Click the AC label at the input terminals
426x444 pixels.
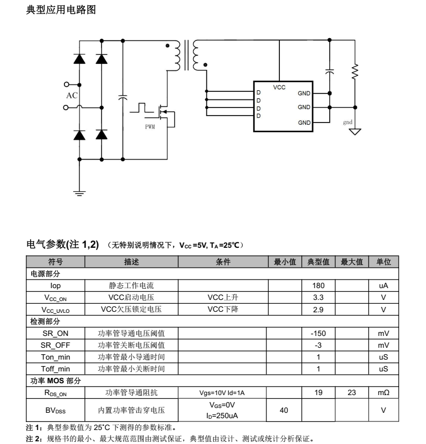tap(71, 96)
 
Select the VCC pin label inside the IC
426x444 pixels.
tap(279, 87)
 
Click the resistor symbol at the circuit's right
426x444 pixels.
tap(355, 71)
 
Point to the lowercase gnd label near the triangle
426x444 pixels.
tap(348, 123)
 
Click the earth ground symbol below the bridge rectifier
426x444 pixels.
tap(80, 192)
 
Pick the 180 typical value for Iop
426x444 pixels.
tap(318, 286)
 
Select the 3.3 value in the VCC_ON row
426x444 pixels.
tap(318, 298)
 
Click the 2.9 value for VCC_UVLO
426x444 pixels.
tap(318, 310)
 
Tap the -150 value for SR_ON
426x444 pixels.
tap(318, 333)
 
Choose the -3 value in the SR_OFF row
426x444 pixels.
tap(318, 345)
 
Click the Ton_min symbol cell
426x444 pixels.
tap(55, 357)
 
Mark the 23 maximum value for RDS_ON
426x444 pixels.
tap(351, 393)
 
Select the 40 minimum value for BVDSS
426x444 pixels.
tap(285, 410)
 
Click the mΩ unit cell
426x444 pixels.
tap(384, 393)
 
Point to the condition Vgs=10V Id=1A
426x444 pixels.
tap(222, 393)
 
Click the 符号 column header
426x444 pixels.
tap(55, 262)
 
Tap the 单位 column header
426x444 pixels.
tap(384, 262)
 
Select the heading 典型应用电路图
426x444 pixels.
tap(61, 10)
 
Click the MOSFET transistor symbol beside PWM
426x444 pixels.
tap(165, 113)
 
